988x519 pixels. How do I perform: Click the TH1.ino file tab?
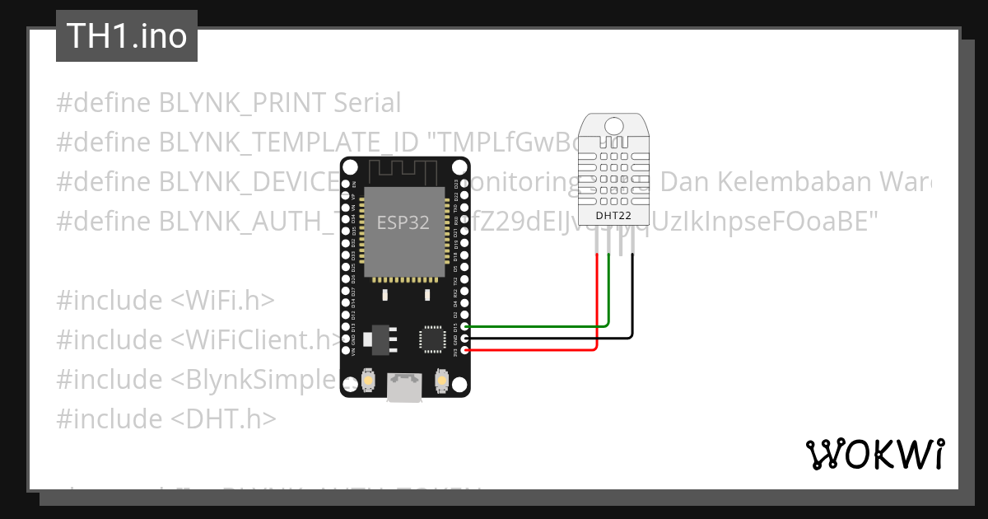(126, 36)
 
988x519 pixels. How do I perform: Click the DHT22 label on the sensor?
(613, 215)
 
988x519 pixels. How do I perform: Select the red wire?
(535, 350)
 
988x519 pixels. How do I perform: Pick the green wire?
(535, 325)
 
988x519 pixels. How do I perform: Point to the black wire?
(535, 338)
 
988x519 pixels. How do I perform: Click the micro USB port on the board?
(404, 388)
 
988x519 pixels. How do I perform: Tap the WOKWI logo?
(874, 454)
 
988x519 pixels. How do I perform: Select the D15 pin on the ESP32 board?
(466, 326)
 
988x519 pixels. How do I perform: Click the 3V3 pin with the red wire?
(466, 350)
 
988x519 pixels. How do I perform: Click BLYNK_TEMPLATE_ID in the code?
(288, 143)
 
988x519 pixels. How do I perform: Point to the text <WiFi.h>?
(223, 301)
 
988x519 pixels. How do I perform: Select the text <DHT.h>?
(223, 419)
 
